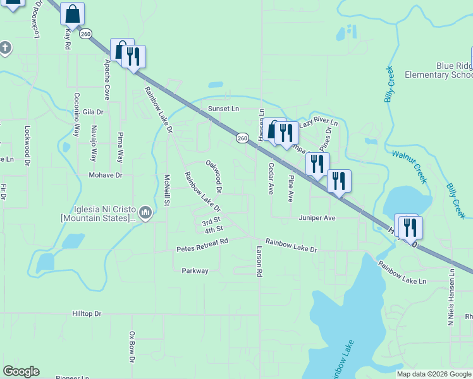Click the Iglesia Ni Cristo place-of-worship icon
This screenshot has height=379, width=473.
coord(146,212)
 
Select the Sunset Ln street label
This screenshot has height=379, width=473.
coord(224,109)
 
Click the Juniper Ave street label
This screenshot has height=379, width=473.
coord(317,217)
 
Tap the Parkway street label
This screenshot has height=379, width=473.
coord(195,271)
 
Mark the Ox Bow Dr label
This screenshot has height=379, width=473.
coord(132,347)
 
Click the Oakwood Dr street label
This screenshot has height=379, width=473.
coord(214,176)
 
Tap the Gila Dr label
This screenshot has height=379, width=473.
coord(92,112)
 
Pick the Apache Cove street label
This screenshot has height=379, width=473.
coord(107,80)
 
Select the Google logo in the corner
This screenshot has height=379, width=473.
coord(21,371)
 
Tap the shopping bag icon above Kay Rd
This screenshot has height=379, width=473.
coord(73,14)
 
